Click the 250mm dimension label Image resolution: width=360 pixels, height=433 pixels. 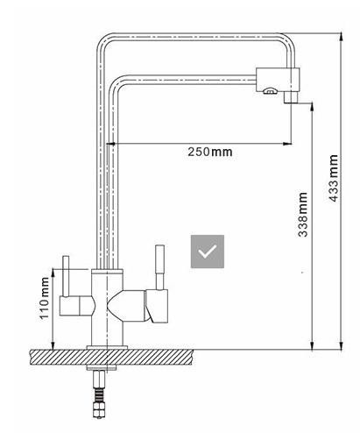point(210,152)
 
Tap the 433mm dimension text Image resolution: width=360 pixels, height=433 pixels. point(333,178)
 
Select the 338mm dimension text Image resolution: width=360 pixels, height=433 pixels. point(303,215)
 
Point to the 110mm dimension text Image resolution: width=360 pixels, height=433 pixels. point(45,298)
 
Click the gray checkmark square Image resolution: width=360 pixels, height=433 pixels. point(208,252)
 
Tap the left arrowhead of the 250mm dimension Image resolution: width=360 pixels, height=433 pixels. point(110,144)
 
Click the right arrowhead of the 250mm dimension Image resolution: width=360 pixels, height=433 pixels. point(287,144)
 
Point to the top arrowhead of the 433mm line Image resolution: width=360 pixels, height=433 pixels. point(342,38)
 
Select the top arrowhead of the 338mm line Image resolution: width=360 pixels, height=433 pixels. point(312,107)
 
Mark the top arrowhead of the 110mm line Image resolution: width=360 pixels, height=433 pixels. point(53,273)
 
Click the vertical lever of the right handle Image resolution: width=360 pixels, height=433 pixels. point(159,267)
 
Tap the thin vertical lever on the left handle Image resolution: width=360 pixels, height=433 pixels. point(66,276)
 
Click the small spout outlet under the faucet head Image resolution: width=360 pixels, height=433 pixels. point(291,97)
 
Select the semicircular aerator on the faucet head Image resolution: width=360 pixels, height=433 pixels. point(269,91)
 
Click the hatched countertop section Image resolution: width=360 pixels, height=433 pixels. point(111,358)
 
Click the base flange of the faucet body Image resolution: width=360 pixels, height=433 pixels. point(107,347)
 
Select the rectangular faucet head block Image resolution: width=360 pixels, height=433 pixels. point(278,80)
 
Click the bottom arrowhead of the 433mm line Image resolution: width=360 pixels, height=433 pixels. point(342,345)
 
